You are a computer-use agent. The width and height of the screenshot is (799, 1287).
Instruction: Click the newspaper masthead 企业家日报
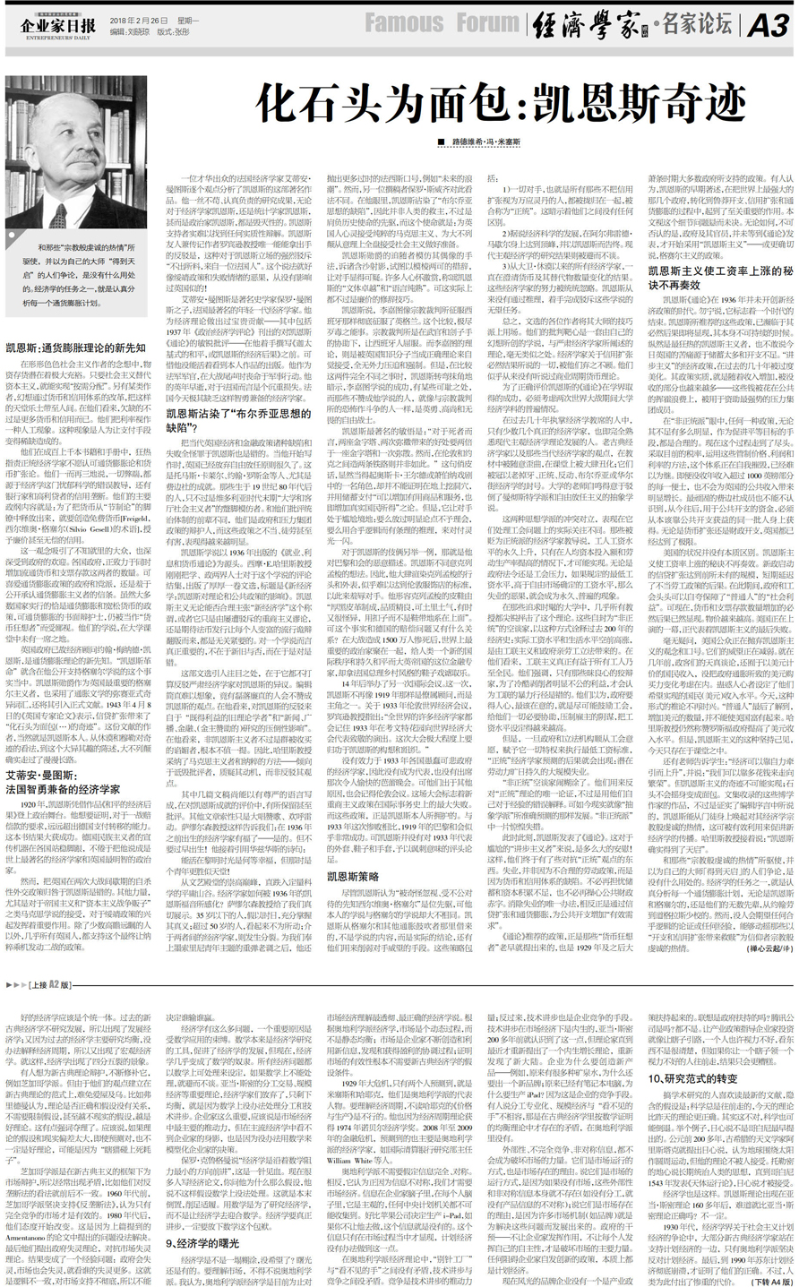click(x=58, y=24)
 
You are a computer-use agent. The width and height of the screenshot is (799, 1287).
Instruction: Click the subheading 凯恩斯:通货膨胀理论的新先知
click(x=75, y=347)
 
